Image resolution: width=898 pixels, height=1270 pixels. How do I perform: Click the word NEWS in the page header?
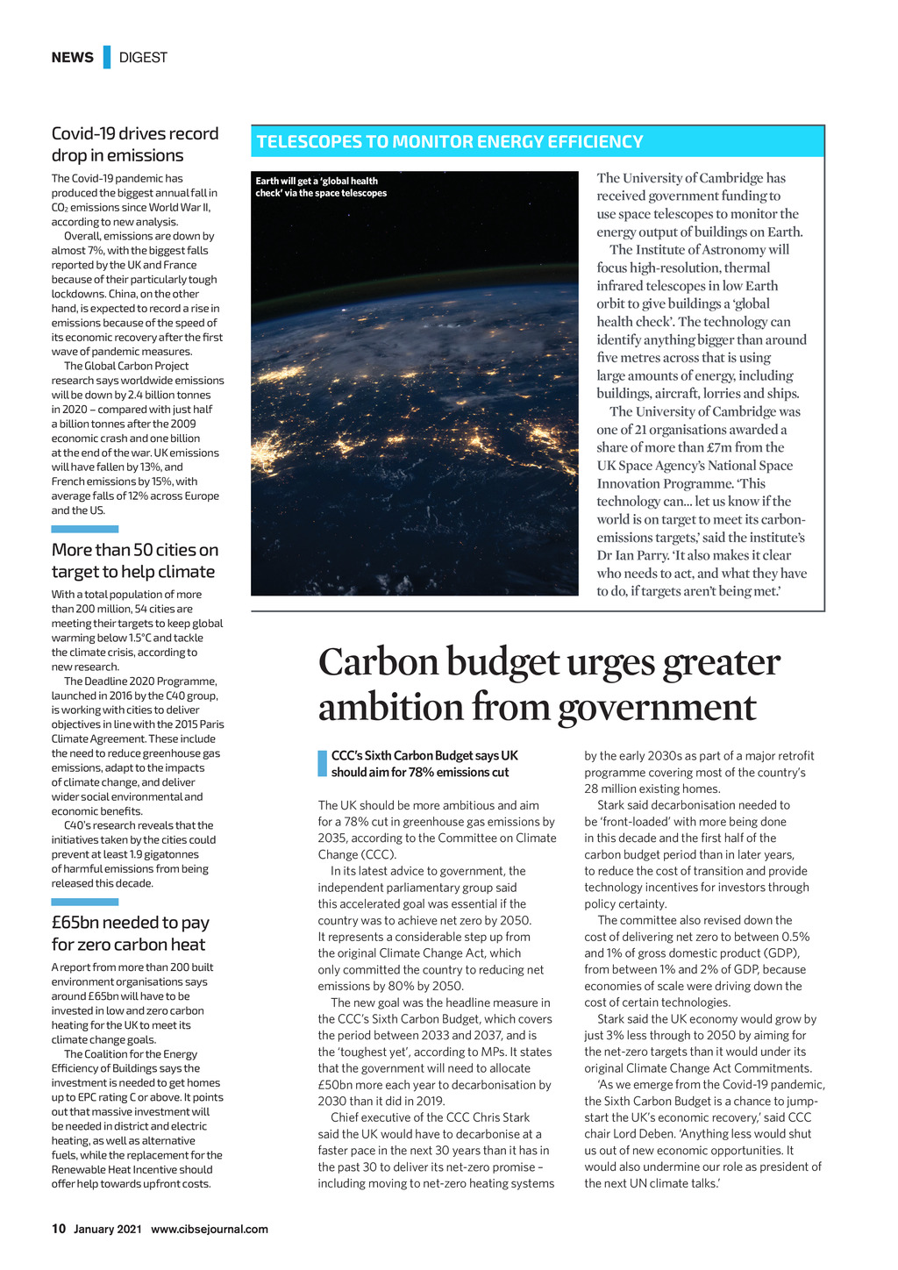[72, 58]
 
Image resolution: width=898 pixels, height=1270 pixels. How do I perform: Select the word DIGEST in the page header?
[143, 58]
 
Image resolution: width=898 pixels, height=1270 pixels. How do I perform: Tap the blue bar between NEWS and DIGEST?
[107, 57]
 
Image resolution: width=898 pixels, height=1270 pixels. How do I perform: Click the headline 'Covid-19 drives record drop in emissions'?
[135, 145]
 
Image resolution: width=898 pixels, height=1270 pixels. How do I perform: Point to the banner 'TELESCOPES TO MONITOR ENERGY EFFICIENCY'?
[450, 142]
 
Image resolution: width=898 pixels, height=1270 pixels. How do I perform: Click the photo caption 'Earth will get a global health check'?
[321, 187]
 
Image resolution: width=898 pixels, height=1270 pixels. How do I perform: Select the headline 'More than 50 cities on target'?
[135, 560]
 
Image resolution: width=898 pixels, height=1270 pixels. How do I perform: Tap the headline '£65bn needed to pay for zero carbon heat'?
[130, 933]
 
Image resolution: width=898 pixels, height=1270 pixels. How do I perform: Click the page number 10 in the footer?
[59, 1229]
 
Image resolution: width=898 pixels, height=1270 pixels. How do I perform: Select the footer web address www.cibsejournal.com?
[210, 1229]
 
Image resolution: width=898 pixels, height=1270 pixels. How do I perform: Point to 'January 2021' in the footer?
[107, 1229]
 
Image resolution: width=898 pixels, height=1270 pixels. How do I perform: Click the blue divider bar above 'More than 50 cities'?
[84, 529]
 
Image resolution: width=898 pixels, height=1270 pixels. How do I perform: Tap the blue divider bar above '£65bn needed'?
[84, 902]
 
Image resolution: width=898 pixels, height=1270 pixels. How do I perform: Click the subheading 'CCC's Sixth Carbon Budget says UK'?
[424, 756]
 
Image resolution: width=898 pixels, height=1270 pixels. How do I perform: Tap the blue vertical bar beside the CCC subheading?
[322, 764]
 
